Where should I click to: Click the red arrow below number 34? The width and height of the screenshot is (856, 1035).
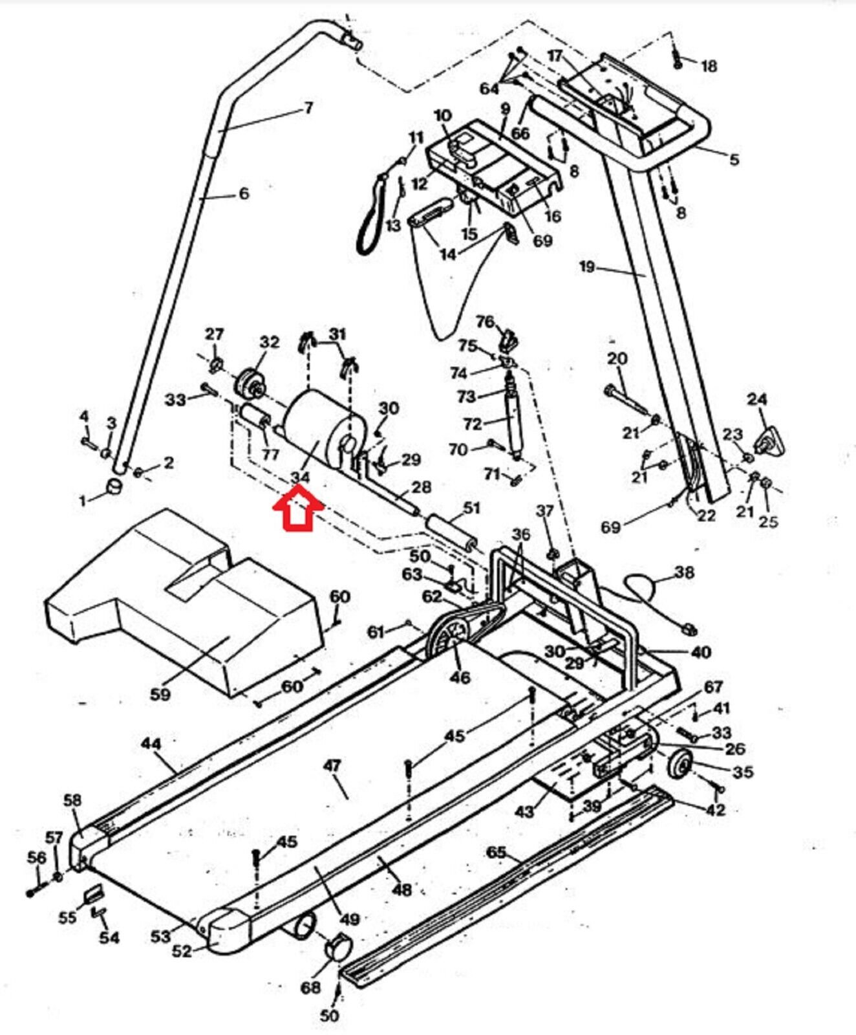coord(298,510)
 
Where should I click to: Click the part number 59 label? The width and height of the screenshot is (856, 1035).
coord(160,693)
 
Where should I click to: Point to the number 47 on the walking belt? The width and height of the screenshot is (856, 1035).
coord(332,766)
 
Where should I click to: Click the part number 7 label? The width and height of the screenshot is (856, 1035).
coord(308,107)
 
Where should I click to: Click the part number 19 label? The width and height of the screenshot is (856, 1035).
coord(586,266)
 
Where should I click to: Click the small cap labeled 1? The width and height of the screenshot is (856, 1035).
coord(114,486)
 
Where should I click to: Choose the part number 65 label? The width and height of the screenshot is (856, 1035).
coord(495,852)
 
